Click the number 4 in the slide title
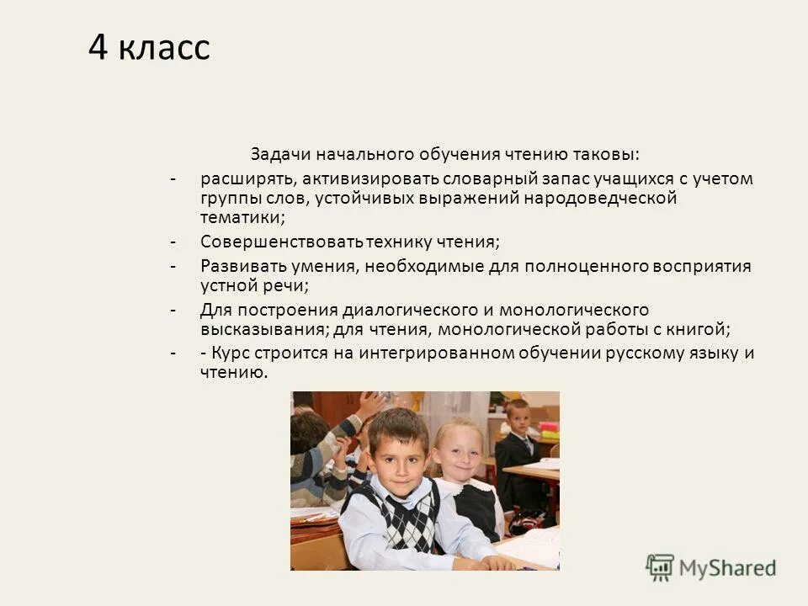[98, 48]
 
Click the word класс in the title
[163, 49]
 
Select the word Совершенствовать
[282, 242]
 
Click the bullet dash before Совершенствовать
[172, 242]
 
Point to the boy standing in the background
[515, 446]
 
